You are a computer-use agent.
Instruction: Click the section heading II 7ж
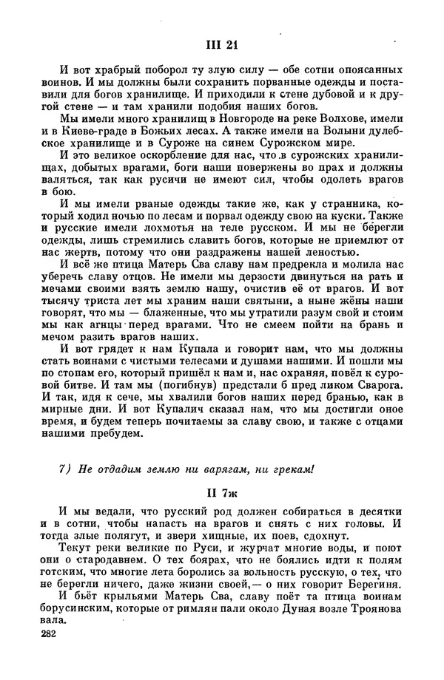coord(221,493)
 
